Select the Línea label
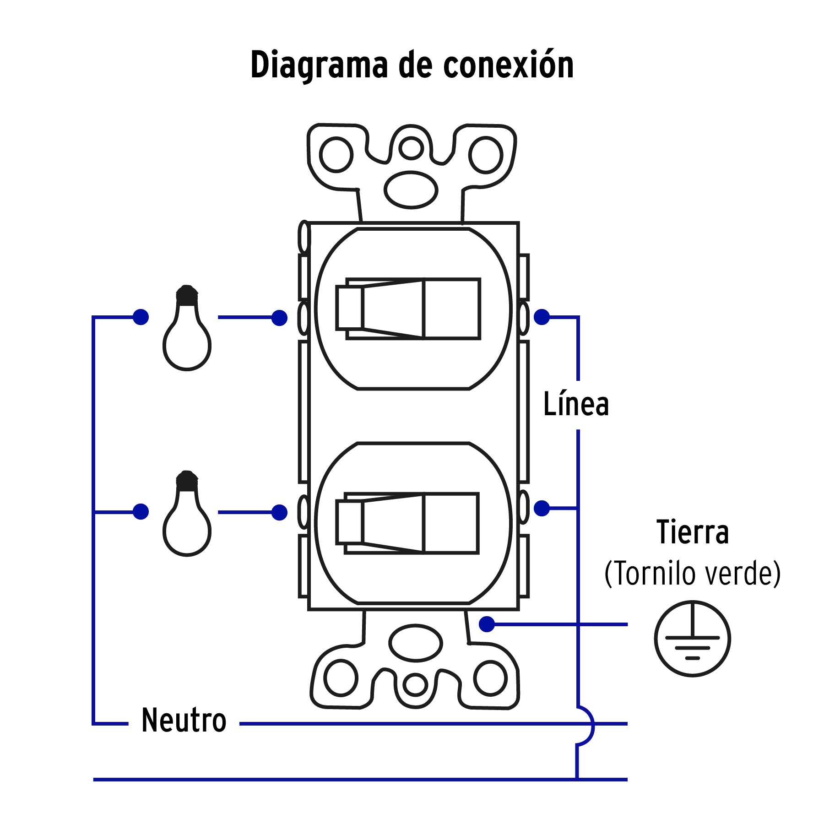[x=575, y=404]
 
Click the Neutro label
[x=184, y=720]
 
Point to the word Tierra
[x=692, y=532]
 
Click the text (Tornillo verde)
[x=692, y=573]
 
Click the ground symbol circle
[x=692, y=638]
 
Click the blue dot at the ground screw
[x=487, y=624]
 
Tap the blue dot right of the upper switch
[x=542, y=317]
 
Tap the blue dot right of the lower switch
[x=542, y=508]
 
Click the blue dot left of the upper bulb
[x=141, y=317]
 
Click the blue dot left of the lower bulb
[x=141, y=512]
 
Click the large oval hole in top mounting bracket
[x=411, y=190]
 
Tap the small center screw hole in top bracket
[x=411, y=148]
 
